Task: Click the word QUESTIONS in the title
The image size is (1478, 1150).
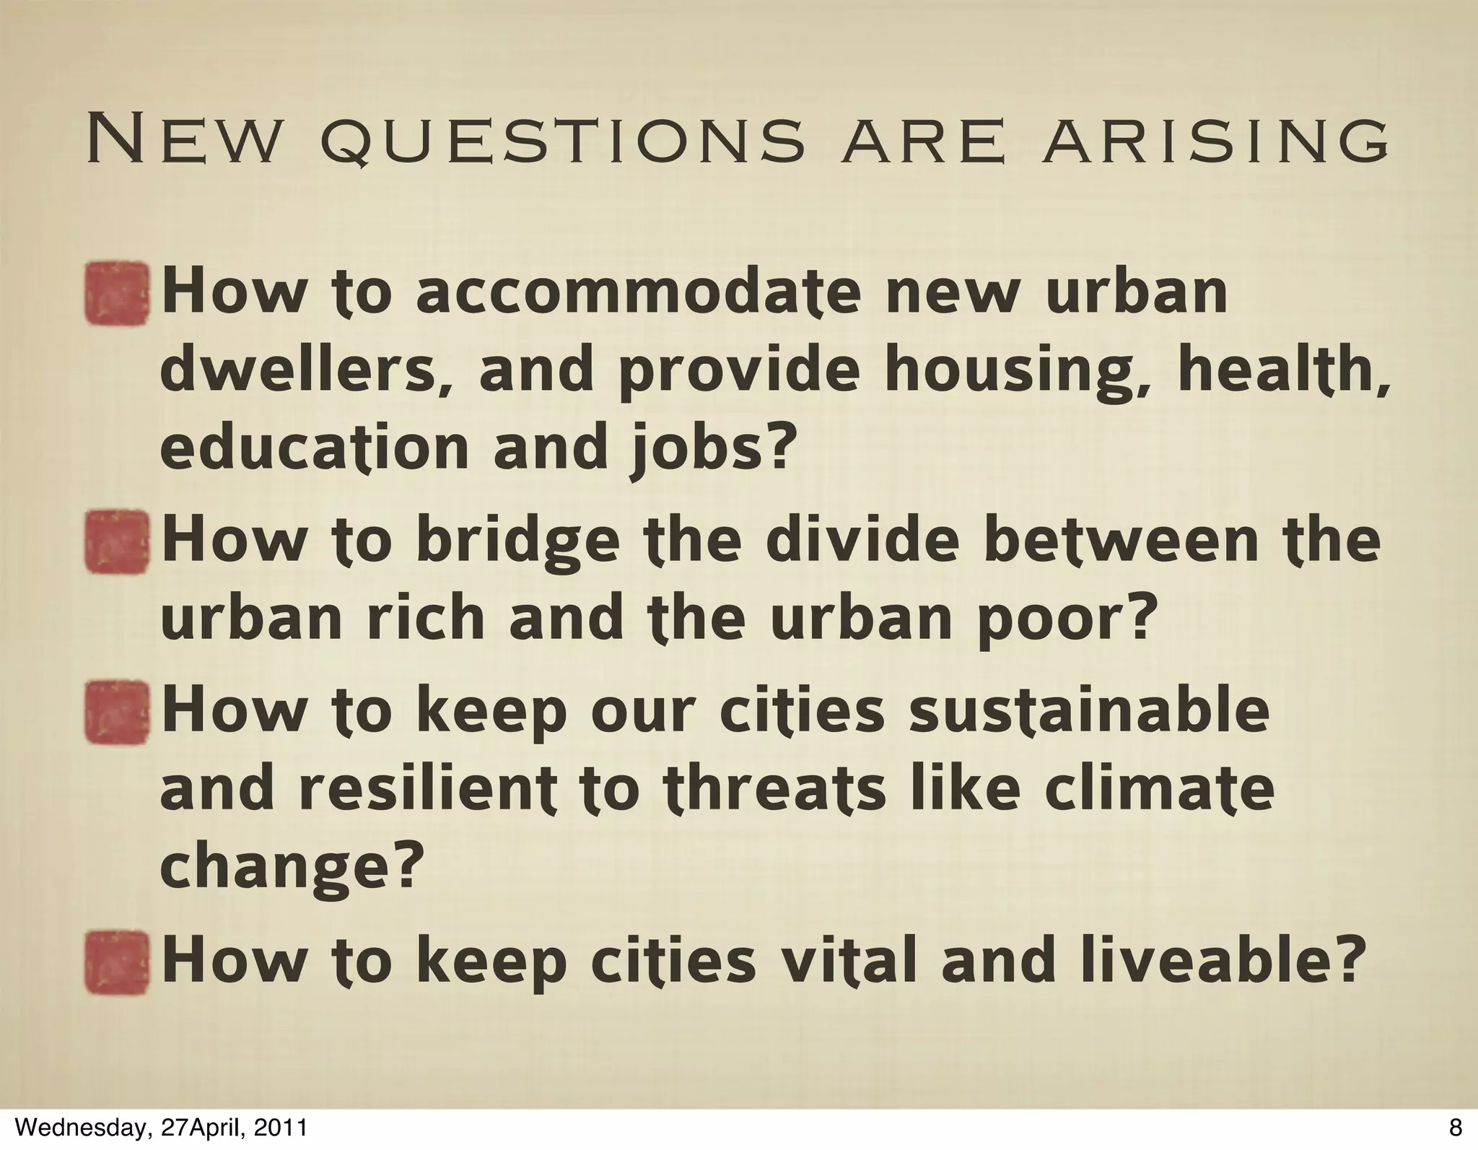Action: tap(561, 144)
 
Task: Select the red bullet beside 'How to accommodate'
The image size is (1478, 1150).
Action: tap(118, 293)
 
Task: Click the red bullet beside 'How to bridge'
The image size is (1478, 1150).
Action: tap(118, 542)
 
